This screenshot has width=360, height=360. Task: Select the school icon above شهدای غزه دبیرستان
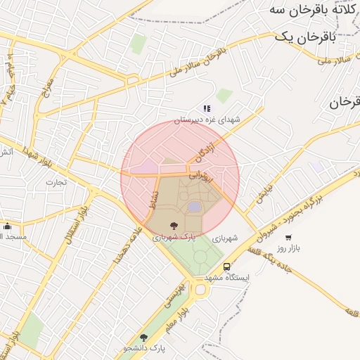[x=207, y=108]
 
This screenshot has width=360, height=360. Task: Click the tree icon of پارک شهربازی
[x=174, y=226]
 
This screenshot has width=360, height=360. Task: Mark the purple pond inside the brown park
[x=194, y=207]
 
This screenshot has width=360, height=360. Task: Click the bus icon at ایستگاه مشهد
[x=226, y=267]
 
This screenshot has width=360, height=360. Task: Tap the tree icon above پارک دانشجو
[x=144, y=337]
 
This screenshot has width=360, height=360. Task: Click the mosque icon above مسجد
[x=7, y=226]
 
